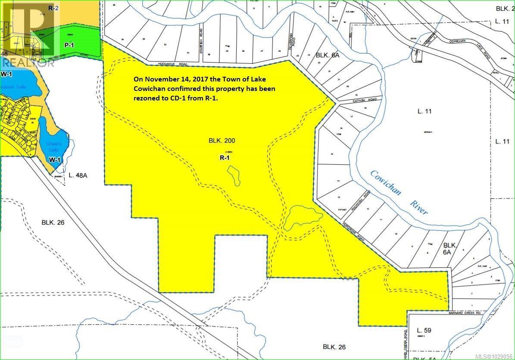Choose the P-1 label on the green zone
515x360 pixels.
[68, 44]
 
